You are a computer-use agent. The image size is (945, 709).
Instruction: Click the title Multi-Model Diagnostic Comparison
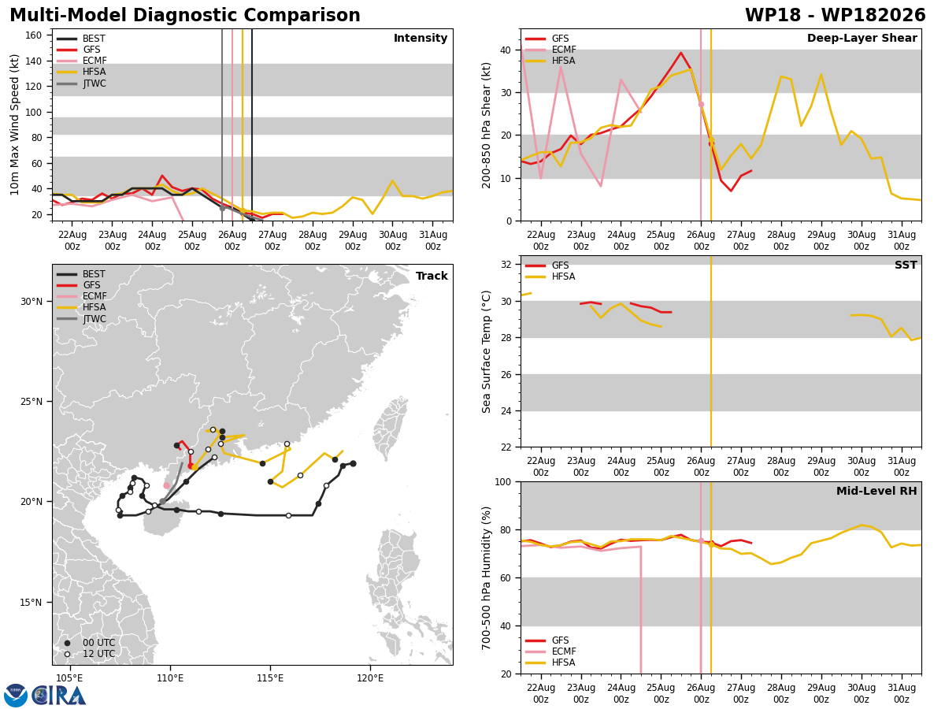[x=185, y=15]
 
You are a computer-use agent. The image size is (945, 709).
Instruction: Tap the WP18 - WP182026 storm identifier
[x=835, y=15]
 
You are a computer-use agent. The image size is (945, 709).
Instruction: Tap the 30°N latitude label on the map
[x=31, y=302]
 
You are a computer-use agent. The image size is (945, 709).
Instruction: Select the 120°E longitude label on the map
[x=370, y=678]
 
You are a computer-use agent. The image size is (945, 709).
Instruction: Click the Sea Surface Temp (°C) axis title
[x=486, y=351]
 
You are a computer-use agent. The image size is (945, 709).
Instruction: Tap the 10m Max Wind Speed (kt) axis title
[x=14, y=124]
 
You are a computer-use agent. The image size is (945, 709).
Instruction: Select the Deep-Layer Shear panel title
[x=862, y=38]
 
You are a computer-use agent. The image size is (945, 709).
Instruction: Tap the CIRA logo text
[x=58, y=696]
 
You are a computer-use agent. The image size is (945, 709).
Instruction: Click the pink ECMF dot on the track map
[x=167, y=485]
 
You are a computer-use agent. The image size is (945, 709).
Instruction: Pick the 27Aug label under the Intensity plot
[x=272, y=235]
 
